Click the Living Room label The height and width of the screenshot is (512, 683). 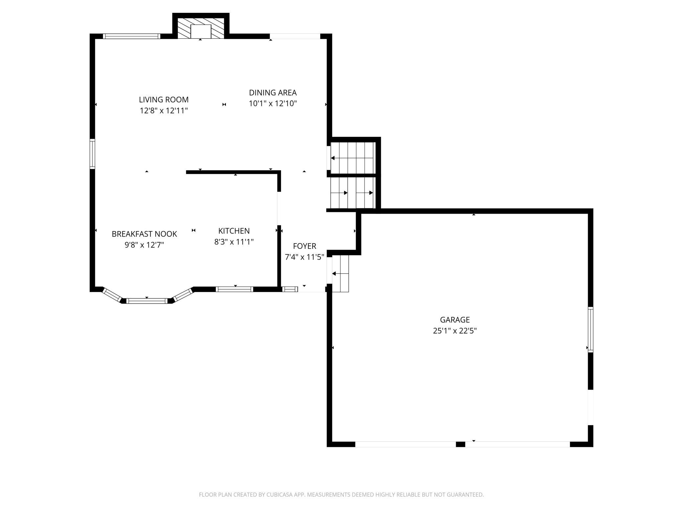point(164,99)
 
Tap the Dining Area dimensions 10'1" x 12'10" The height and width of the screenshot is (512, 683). point(273,104)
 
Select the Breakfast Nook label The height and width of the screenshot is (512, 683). point(144,234)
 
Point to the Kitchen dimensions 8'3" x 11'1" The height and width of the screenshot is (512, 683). point(234,242)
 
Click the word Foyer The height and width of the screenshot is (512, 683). point(304,246)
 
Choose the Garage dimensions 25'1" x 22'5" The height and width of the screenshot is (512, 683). point(455,331)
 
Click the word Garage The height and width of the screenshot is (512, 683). point(455,320)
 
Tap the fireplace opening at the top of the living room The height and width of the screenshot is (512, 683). point(201,32)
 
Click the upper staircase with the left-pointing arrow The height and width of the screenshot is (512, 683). point(353,158)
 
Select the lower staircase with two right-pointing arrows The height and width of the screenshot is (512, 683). point(353,193)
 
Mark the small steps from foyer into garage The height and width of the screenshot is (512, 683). point(340,274)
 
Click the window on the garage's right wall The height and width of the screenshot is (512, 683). point(590,329)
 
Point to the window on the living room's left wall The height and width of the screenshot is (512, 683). point(92,154)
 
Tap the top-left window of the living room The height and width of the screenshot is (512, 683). point(131,36)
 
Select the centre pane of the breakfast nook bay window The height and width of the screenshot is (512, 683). point(147,301)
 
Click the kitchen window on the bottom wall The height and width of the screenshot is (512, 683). point(234,289)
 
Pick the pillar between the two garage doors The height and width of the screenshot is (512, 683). point(460,444)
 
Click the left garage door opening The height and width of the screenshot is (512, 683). point(406,444)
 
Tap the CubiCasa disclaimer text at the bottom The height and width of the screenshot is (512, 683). point(341,495)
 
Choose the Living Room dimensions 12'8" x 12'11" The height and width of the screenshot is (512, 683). point(164,111)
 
